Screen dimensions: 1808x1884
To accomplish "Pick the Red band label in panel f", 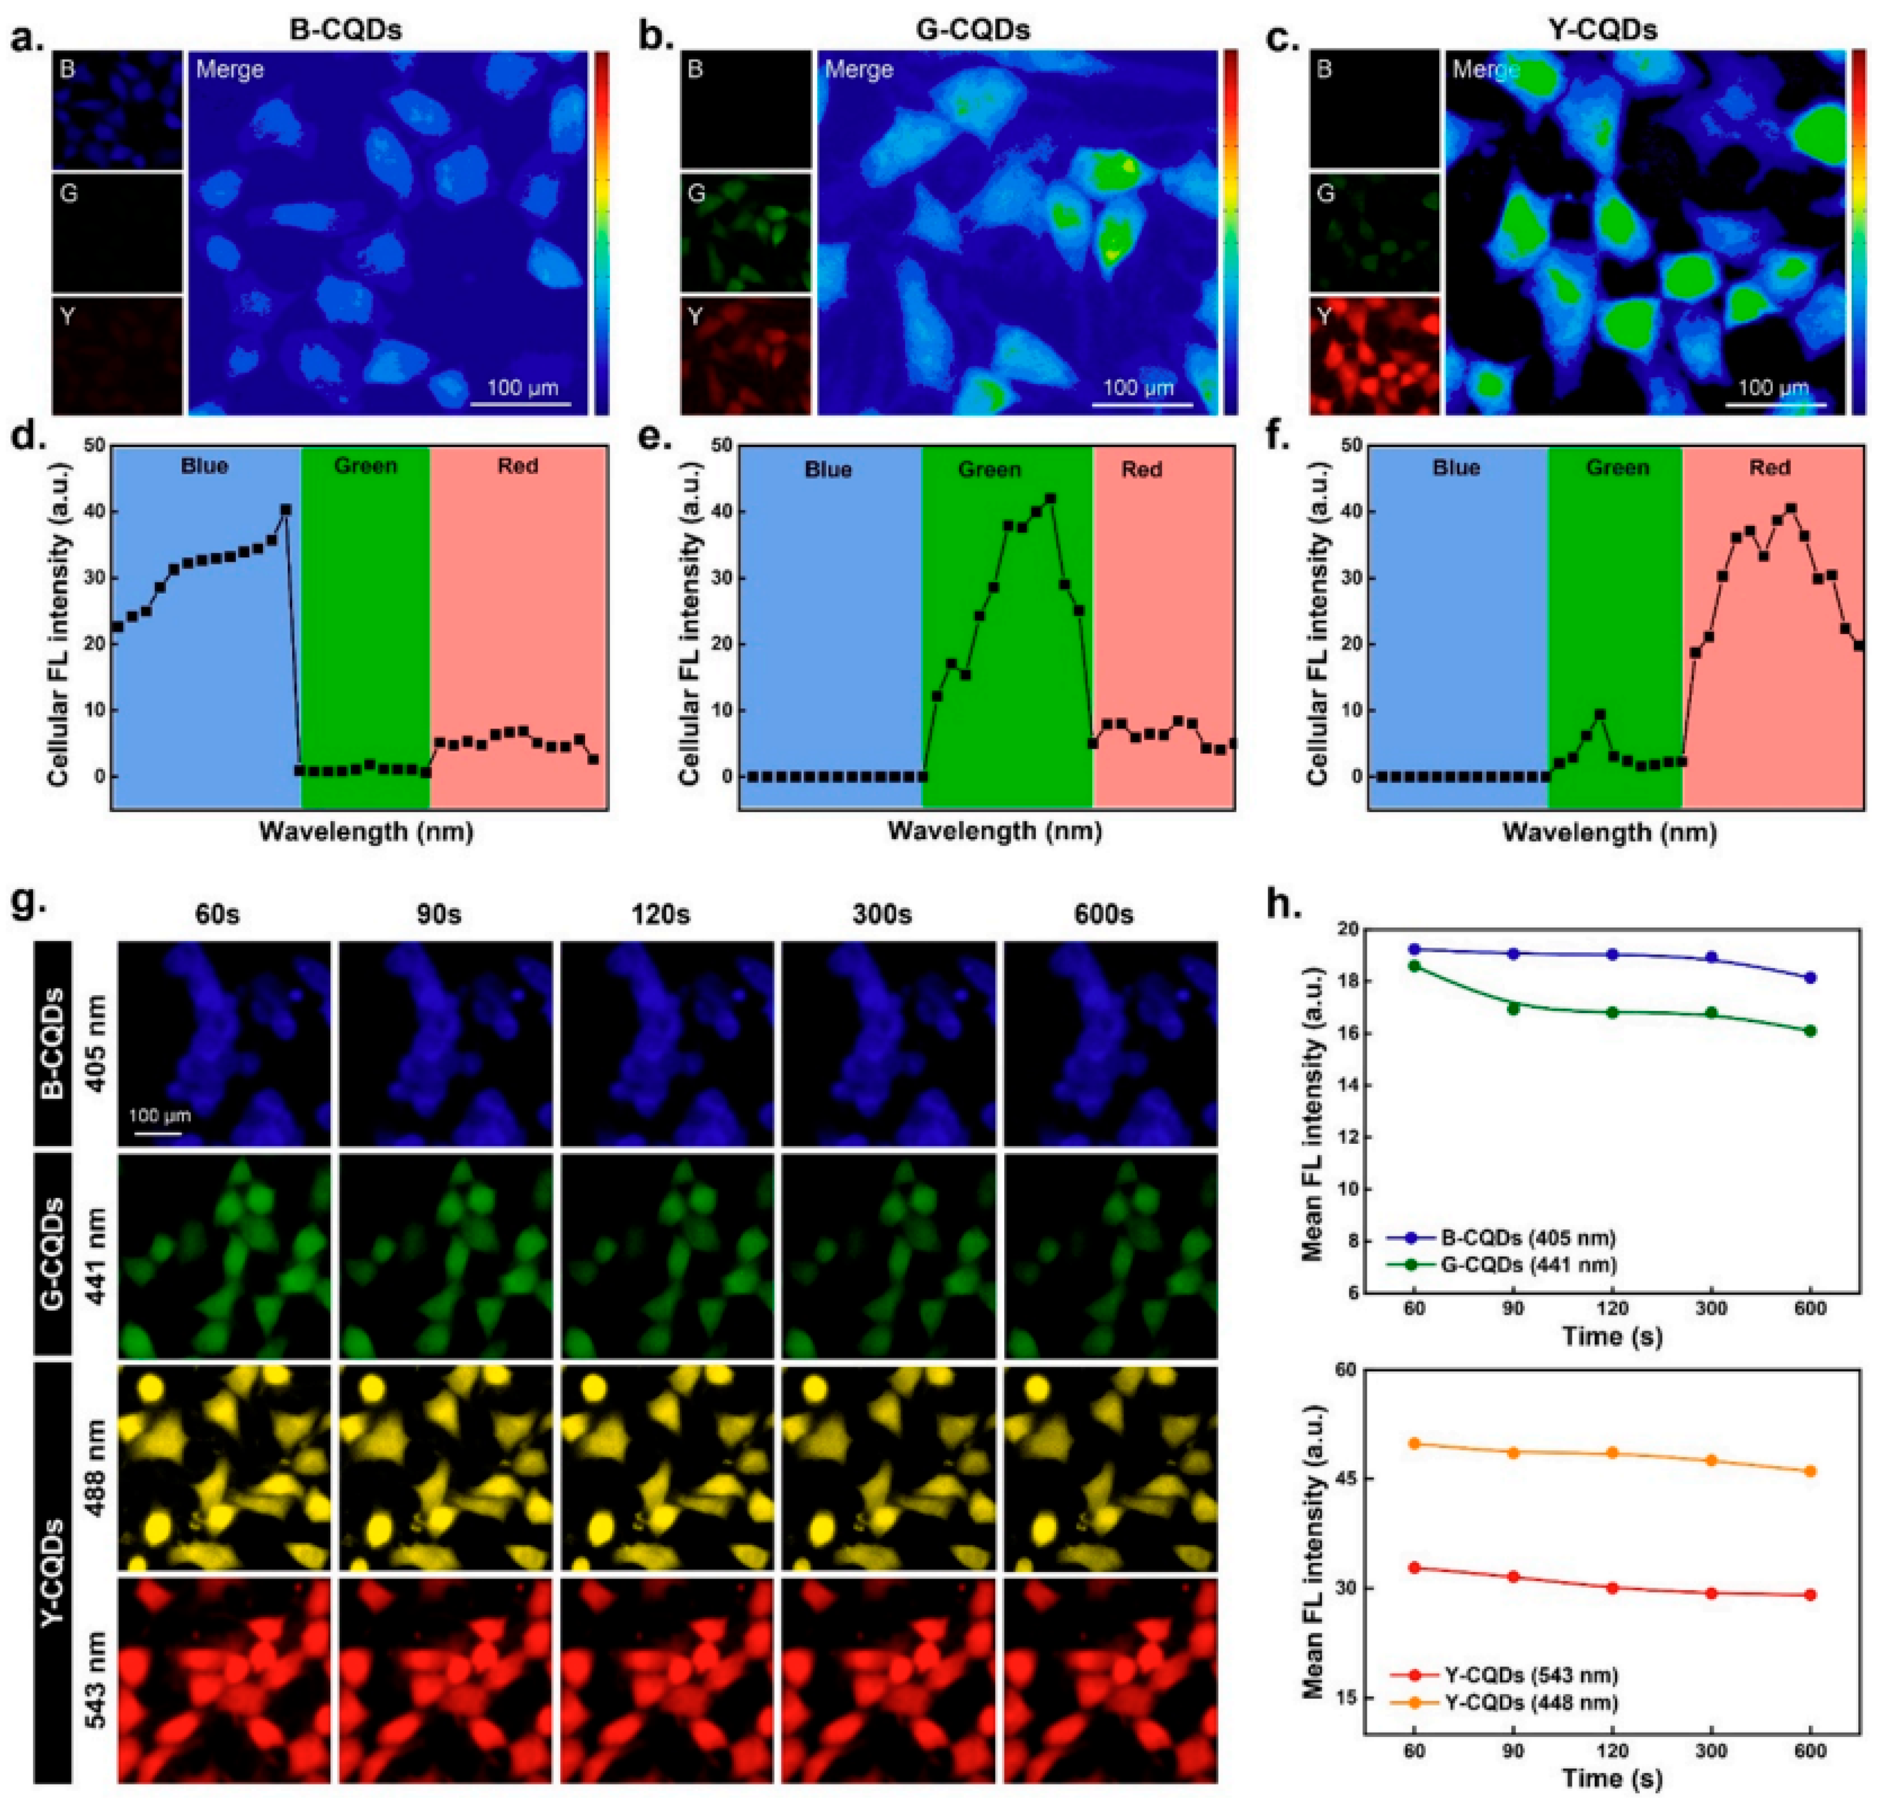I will pos(1770,468).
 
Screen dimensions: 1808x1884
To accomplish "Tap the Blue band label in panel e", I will pos(828,470).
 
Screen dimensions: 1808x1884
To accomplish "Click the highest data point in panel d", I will pos(285,509).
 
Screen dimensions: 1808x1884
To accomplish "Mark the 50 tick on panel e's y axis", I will pos(720,445).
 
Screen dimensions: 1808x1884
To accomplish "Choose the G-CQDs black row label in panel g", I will pos(55,1255).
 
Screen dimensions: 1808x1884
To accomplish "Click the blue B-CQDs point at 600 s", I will pos(1811,978).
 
